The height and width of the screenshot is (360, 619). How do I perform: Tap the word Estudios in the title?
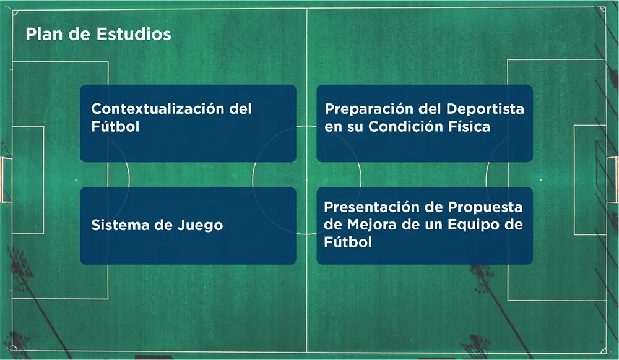click(134, 34)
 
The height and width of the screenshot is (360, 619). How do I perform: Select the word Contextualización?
click(157, 109)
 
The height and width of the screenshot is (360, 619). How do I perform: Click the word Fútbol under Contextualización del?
click(115, 127)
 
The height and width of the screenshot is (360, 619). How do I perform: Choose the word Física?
click(468, 127)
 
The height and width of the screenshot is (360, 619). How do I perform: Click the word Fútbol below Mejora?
click(348, 242)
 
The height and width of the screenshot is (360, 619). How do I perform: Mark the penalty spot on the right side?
click(540, 180)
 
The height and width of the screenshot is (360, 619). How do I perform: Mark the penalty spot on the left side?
click(76, 180)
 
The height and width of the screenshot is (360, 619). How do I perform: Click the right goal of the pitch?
click(613, 180)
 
